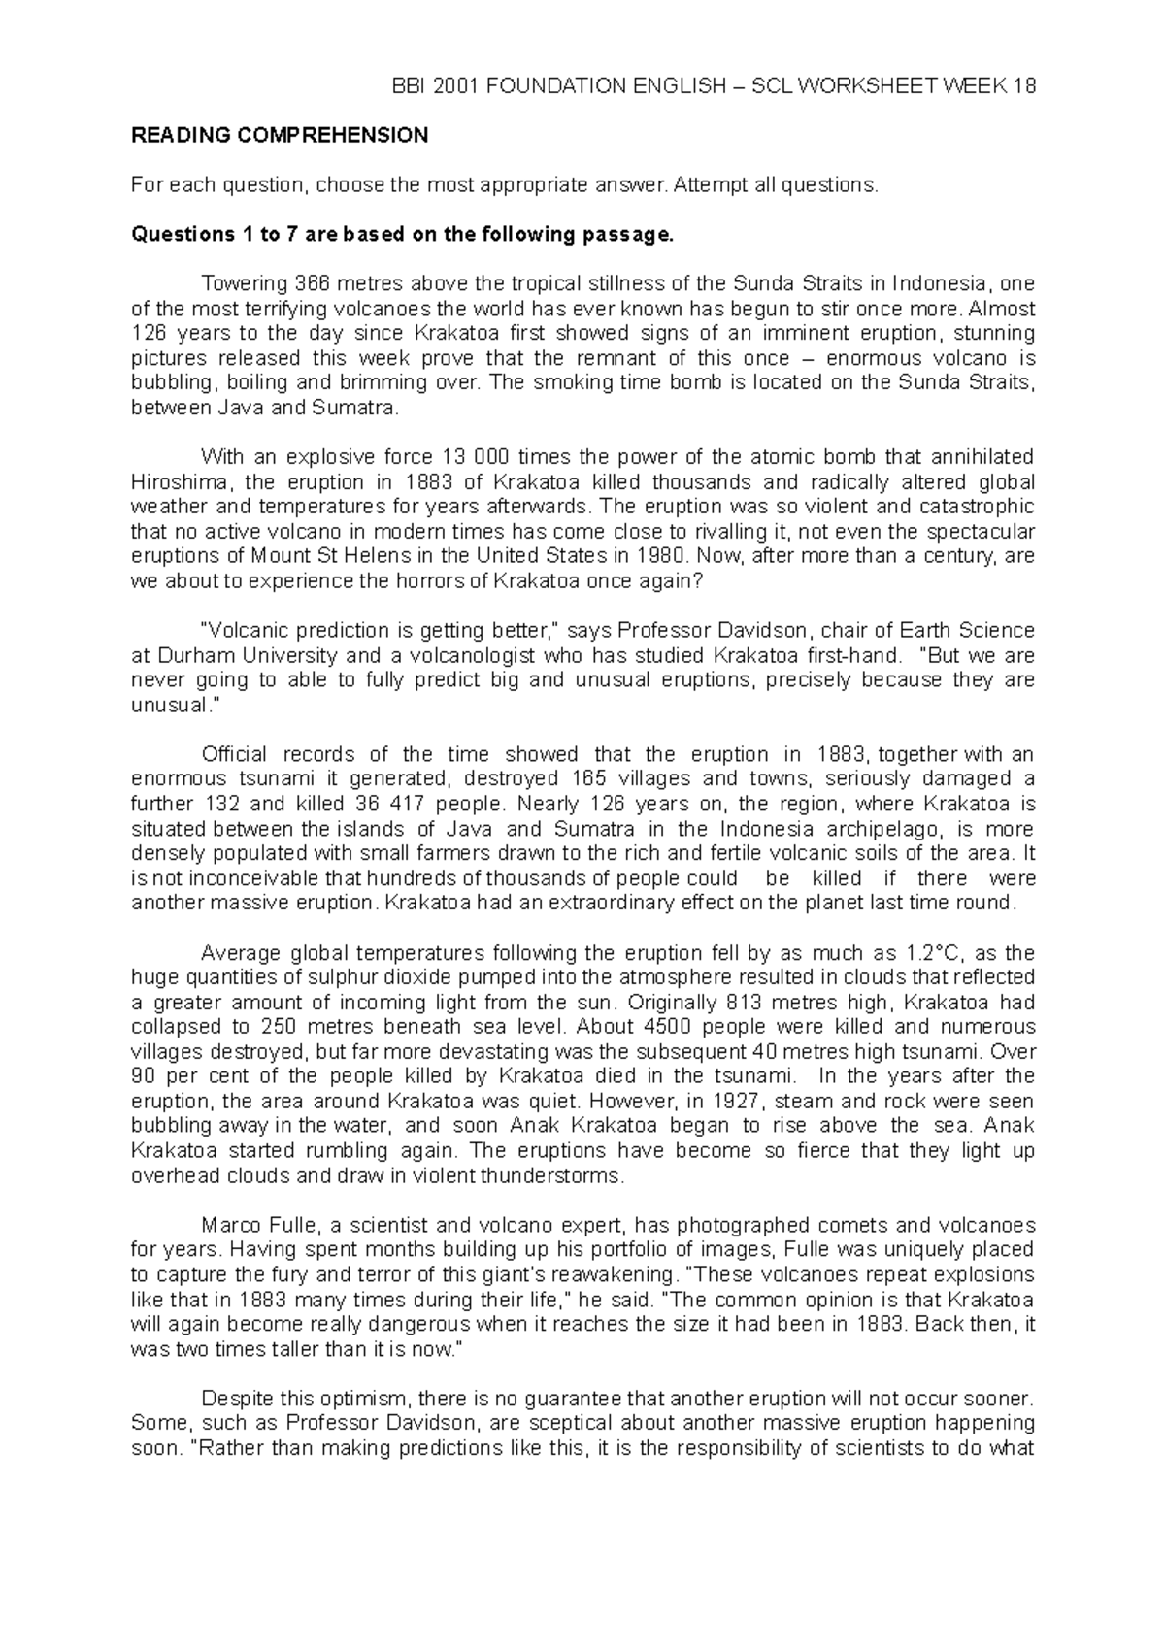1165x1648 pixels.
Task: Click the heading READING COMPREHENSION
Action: tap(280, 136)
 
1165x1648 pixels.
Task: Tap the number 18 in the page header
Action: tap(1023, 86)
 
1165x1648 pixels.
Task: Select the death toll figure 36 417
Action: tap(391, 804)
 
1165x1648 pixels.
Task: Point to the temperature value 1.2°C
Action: tap(940, 953)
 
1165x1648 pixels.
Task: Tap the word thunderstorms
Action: tap(564, 1175)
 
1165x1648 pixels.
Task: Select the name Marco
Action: tap(231, 1225)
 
